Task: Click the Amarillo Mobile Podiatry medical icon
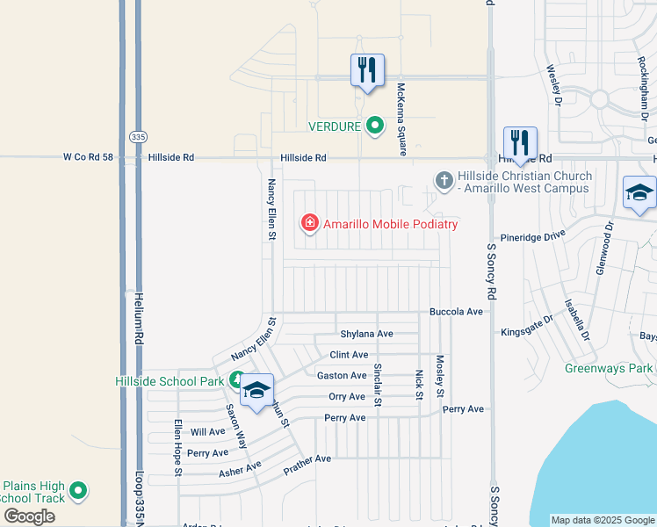tap(309, 224)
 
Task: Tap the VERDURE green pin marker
tap(375, 126)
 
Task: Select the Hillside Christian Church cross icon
tap(444, 182)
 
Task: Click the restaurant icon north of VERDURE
tap(367, 69)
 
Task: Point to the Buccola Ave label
tap(456, 312)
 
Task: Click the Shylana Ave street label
tap(366, 334)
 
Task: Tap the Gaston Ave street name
tap(341, 376)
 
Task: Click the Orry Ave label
tap(346, 397)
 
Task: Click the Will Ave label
tap(207, 432)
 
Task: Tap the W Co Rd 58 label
tap(90, 157)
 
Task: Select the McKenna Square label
tap(401, 119)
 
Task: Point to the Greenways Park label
tap(608, 368)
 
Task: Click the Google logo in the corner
tap(30, 516)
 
